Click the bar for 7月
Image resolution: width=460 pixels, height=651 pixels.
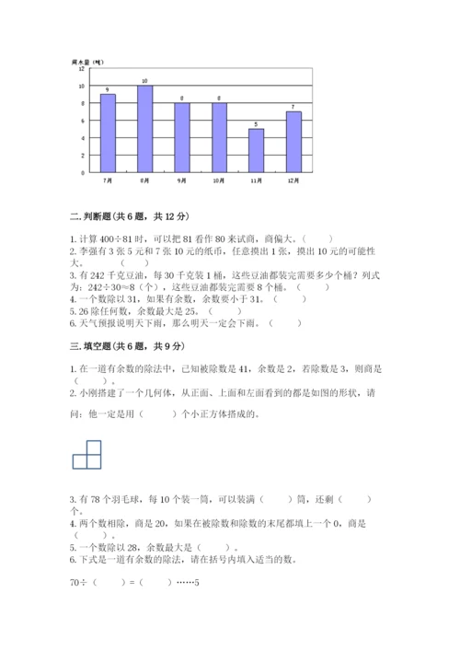point(108,133)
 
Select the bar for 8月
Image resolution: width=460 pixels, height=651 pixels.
point(144,128)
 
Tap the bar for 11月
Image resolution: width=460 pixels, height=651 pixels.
point(256,150)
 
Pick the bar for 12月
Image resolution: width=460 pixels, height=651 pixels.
point(293,142)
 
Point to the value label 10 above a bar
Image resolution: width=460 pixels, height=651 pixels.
point(144,81)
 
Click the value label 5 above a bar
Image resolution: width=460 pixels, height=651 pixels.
point(256,124)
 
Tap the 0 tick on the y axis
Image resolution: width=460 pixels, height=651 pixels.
point(83,172)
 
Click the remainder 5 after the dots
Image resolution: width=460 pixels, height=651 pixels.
point(196,609)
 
